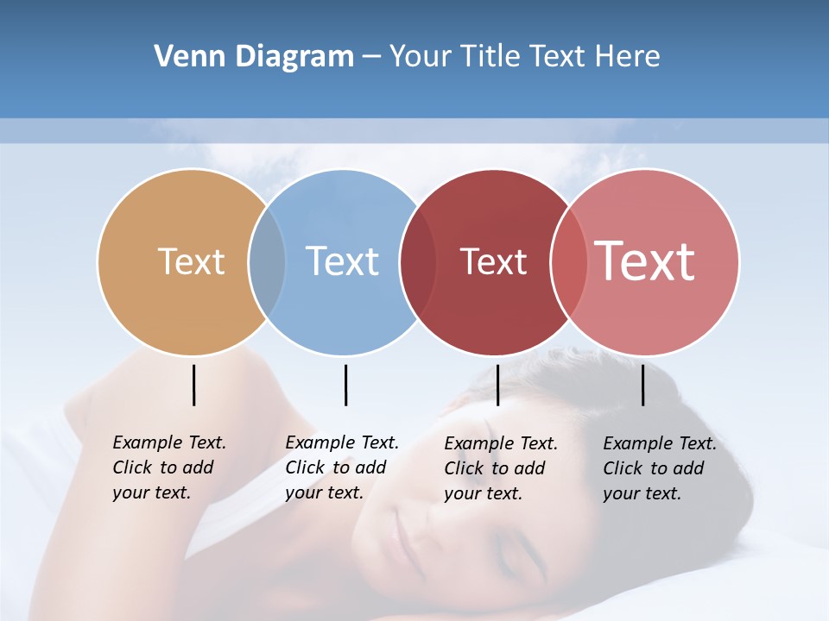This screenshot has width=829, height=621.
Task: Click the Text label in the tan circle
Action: (191, 261)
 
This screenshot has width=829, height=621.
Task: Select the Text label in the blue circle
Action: (342, 261)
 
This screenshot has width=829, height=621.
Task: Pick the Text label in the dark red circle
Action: (493, 261)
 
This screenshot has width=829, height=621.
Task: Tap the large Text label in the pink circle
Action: (645, 261)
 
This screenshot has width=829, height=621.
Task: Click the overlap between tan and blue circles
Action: (267, 261)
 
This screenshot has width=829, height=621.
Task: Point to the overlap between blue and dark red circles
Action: (418, 261)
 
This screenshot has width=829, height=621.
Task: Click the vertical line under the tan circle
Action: (193, 385)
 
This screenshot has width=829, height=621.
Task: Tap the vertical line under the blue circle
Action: (345, 385)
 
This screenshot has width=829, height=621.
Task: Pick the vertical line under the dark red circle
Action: (497, 385)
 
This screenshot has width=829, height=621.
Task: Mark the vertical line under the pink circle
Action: (642, 385)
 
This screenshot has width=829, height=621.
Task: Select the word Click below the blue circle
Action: (305, 467)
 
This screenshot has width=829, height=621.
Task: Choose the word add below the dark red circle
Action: (528, 468)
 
